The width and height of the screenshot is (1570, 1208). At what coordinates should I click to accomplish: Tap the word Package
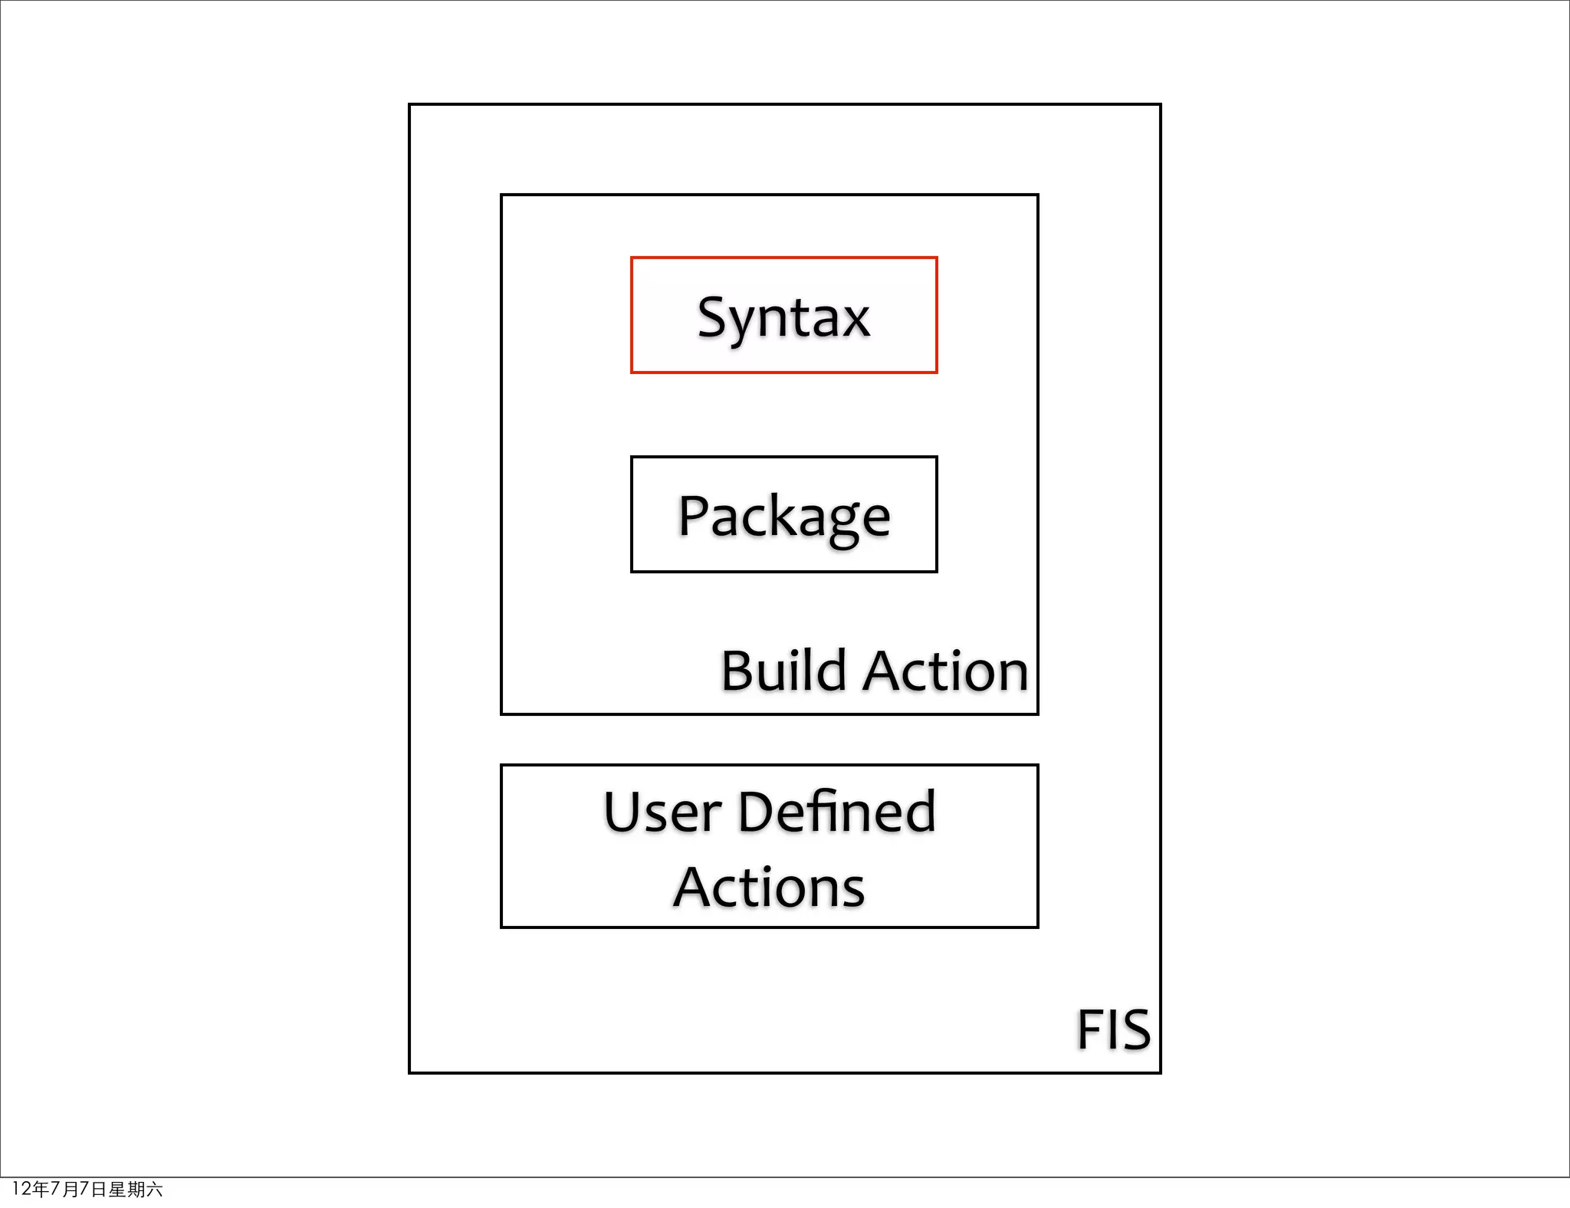[x=783, y=517]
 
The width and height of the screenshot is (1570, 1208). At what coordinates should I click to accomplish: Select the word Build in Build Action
[x=783, y=671]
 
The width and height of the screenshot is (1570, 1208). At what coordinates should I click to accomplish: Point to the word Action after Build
[x=948, y=671]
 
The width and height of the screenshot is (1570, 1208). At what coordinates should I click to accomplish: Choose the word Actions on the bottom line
[x=769, y=888]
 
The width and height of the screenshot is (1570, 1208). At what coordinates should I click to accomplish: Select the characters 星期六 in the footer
[x=135, y=1189]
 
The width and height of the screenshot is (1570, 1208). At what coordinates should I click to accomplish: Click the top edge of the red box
[x=783, y=258]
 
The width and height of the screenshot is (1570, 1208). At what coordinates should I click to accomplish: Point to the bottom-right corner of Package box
[x=936, y=571]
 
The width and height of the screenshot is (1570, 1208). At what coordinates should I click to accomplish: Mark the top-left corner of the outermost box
[x=410, y=105]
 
